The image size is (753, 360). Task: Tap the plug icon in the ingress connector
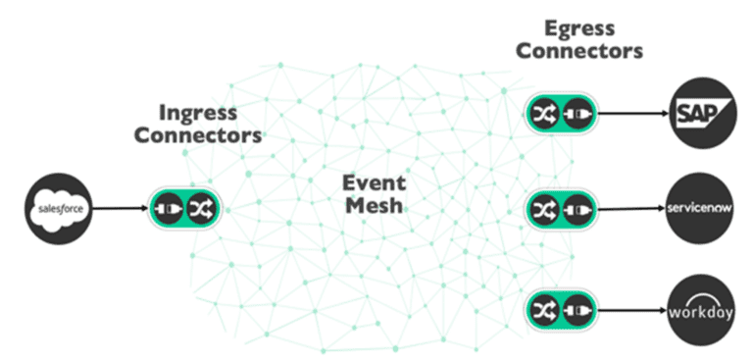point(169,208)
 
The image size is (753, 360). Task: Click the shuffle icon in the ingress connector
point(199,208)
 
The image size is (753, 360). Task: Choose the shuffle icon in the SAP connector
point(542,114)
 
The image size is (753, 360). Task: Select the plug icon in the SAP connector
point(573,114)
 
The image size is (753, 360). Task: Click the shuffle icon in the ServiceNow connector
point(542,209)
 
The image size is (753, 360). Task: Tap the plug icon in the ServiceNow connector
point(573,209)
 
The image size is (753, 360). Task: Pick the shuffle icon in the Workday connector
point(542,312)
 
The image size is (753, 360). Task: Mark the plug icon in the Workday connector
point(573,312)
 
